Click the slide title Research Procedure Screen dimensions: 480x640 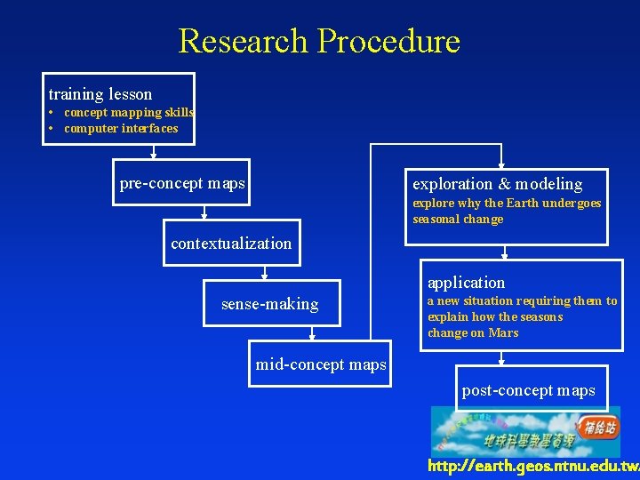pos(319,41)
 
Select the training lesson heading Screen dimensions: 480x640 pos(100,94)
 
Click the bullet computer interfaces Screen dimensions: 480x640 pos(121,129)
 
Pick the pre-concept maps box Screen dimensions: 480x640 pos(182,184)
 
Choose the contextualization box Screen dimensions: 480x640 pos(231,244)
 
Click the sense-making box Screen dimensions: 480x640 pos(269,304)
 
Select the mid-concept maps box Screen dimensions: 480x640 pos(321,364)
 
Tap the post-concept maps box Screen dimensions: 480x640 pos(529,390)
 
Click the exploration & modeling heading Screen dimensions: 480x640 pos(498,184)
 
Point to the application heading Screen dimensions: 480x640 pos(466,283)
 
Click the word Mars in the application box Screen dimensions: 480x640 pos(503,333)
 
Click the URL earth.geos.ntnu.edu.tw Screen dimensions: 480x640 pos(532,466)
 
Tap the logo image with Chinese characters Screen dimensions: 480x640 pos(525,432)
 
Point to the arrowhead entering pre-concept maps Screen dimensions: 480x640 pos(154,156)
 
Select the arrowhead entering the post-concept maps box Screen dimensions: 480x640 pos(502,362)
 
